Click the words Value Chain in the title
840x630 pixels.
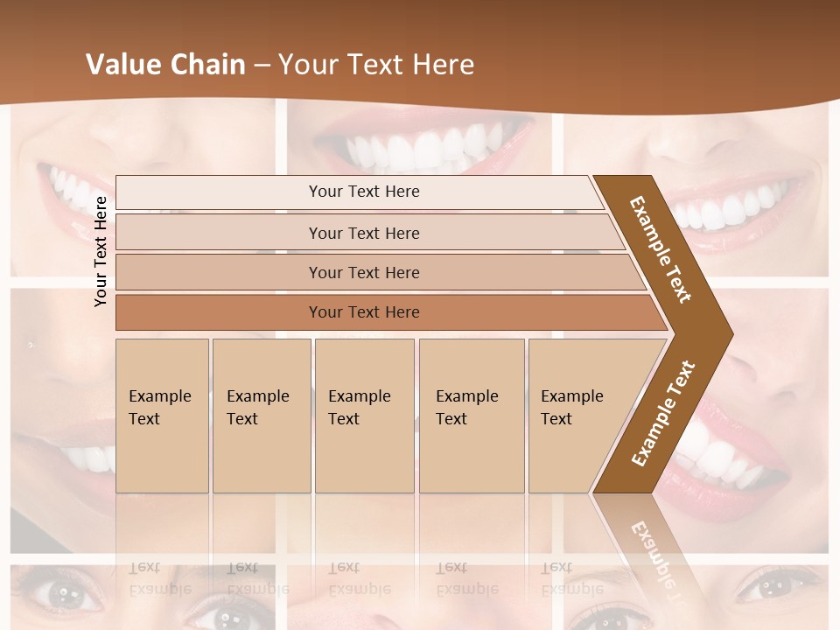(165, 65)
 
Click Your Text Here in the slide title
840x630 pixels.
(376, 65)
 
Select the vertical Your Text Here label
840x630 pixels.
(101, 251)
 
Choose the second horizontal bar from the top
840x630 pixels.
(364, 233)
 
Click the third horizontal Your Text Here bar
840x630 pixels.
(364, 272)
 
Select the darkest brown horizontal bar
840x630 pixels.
(364, 312)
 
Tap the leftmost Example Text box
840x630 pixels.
(162, 415)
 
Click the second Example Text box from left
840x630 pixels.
(261, 415)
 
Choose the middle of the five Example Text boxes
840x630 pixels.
(364, 415)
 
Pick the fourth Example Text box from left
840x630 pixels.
(471, 415)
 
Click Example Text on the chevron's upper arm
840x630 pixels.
(661, 249)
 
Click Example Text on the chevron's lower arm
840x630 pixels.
(662, 414)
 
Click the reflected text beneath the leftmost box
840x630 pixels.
(159, 577)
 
